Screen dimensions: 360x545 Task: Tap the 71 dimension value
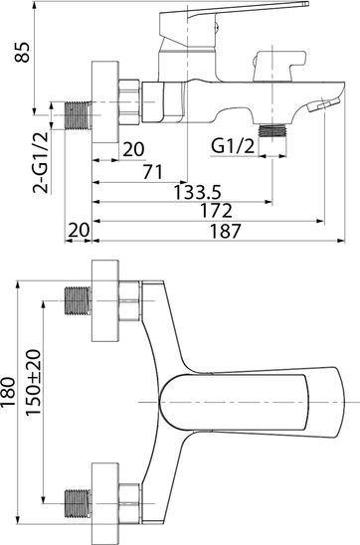153,172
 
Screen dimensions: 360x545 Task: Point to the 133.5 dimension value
197,192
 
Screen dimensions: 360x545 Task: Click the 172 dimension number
216,211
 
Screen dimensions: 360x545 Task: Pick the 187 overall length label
225,231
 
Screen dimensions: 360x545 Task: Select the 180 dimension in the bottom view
8,392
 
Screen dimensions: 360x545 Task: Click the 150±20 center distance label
34,382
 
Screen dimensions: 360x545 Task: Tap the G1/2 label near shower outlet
233,146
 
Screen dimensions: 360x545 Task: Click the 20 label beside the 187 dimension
79,230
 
